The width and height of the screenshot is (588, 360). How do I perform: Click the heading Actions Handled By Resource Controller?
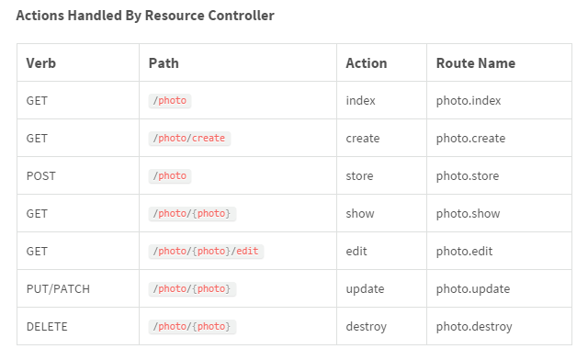pyautogui.click(x=145, y=16)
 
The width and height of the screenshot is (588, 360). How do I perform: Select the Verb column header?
pyautogui.click(x=41, y=63)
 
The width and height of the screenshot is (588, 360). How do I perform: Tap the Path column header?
pyautogui.click(x=164, y=63)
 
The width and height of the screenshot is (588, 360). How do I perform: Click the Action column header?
pyautogui.click(x=366, y=63)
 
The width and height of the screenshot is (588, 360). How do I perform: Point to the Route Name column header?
pyautogui.click(x=475, y=63)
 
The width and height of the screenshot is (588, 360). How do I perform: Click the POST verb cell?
pyautogui.click(x=42, y=175)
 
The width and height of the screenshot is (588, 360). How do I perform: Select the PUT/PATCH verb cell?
pyautogui.click(x=58, y=288)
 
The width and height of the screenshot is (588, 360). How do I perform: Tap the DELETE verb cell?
pyautogui.click(x=47, y=326)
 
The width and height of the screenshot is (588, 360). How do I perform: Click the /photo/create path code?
pyautogui.click(x=188, y=138)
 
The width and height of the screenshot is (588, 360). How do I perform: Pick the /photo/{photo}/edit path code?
pyautogui.click(x=206, y=251)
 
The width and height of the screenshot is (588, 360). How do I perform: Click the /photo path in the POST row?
pyautogui.click(x=169, y=175)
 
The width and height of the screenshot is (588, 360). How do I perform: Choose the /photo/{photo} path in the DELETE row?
pyautogui.click(x=192, y=326)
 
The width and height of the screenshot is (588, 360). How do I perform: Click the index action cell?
pyautogui.click(x=360, y=100)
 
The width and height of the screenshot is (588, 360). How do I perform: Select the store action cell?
pyautogui.click(x=360, y=175)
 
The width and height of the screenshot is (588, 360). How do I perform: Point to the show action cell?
pyautogui.click(x=360, y=213)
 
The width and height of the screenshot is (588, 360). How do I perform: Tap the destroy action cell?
pyautogui.click(x=366, y=326)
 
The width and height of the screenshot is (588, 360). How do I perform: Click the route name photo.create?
pyautogui.click(x=470, y=138)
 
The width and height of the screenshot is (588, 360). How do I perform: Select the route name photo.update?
pyautogui.click(x=472, y=288)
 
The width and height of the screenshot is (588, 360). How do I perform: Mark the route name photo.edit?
pyautogui.click(x=465, y=251)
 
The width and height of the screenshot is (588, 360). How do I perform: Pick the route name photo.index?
pyautogui.click(x=469, y=100)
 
